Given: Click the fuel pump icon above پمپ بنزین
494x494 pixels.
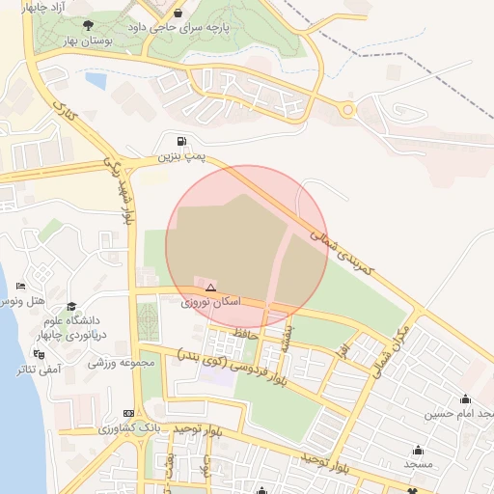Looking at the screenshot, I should click(x=182, y=141).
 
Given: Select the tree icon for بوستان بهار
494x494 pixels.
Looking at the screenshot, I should click(x=89, y=26).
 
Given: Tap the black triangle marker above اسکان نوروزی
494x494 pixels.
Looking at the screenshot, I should click(x=210, y=287).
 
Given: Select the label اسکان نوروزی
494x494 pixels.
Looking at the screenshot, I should click(x=210, y=302).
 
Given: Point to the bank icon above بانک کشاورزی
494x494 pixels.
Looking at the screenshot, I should click(x=129, y=413).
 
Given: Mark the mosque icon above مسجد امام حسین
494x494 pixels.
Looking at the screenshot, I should click(x=467, y=399).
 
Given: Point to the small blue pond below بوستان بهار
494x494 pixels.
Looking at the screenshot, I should click(x=96, y=80).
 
